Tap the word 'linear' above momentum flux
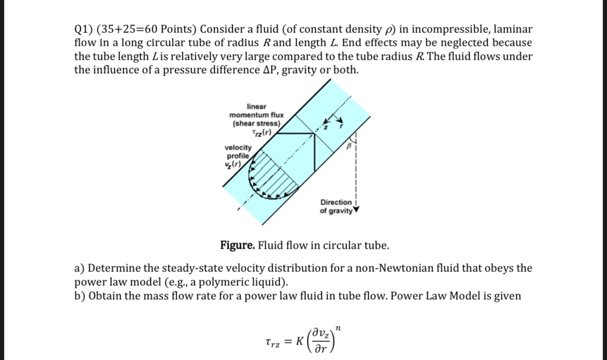click(x=256, y=106)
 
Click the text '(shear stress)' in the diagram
click(x=256, y=124)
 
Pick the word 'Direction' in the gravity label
click(x=336, y=202)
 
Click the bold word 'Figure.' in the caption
click(x=238, y=245)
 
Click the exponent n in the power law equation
click(x=338, y=327)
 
